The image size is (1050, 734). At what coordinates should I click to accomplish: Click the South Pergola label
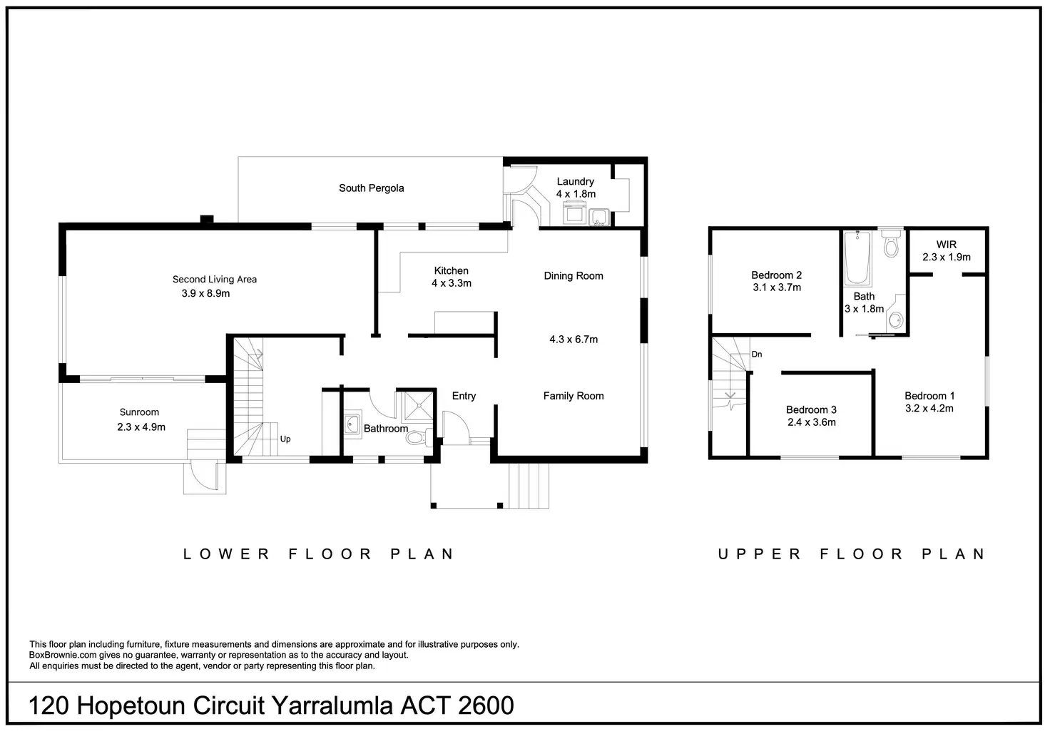click(x=371, y=188)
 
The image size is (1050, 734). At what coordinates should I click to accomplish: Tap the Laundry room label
click(x=575, y=182)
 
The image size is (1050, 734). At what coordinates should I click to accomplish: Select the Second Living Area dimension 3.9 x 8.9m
click(x=205, y=293)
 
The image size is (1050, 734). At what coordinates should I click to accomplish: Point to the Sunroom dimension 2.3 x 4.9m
click(x=141, y=427)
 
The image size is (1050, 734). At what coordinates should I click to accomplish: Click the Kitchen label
click(x=451, y=271)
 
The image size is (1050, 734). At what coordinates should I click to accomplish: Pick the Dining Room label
click(x=574, y=276)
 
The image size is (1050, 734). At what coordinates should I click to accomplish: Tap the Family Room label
click(x=574, y=396)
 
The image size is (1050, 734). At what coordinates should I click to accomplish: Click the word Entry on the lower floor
click(x=464, y=396)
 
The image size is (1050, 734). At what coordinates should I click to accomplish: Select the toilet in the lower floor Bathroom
click(x=417, y=437)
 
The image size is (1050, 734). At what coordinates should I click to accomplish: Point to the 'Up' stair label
click(x=285, y=439)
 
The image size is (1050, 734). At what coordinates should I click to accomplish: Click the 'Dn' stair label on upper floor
click(x=757, y=355)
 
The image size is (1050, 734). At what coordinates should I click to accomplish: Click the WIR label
click(x=946, y=245)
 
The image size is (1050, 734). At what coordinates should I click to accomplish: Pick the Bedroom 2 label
click(x=776, y=275)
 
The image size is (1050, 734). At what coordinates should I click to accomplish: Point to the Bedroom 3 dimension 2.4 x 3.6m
click(x=811, y=422)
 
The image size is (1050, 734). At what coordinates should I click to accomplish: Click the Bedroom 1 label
click(x=929, y=396)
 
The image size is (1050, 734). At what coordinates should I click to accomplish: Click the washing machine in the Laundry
click(x=575, y=213)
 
